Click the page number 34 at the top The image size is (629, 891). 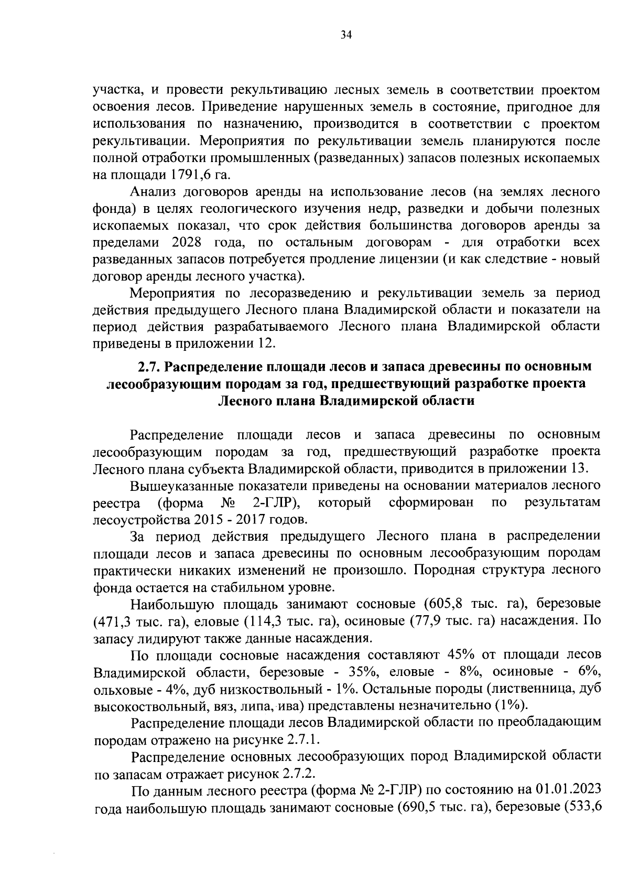[x=345, y=35]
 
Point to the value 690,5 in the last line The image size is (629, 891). [x=421, y=808]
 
